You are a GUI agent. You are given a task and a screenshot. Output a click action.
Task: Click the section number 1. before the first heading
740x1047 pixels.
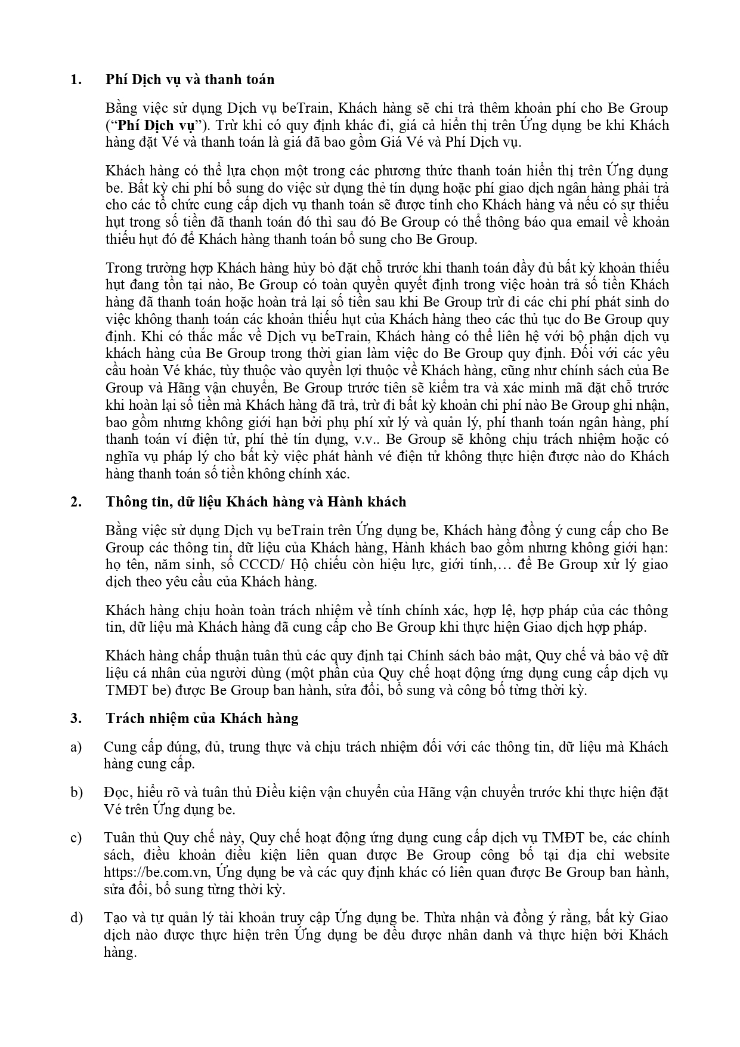[x=75, y=79]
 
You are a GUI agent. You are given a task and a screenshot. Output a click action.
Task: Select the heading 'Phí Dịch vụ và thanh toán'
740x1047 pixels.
[x=190, y=79]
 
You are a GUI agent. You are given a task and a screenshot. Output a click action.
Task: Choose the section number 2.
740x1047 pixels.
[x=75, y=502]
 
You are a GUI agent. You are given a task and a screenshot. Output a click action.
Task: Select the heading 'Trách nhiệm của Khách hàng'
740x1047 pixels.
[x=202, y=718]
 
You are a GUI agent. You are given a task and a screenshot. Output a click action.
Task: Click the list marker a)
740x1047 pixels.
[x=76, y=747]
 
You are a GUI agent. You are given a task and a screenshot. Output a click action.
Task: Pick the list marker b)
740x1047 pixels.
[x=76, y=792]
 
